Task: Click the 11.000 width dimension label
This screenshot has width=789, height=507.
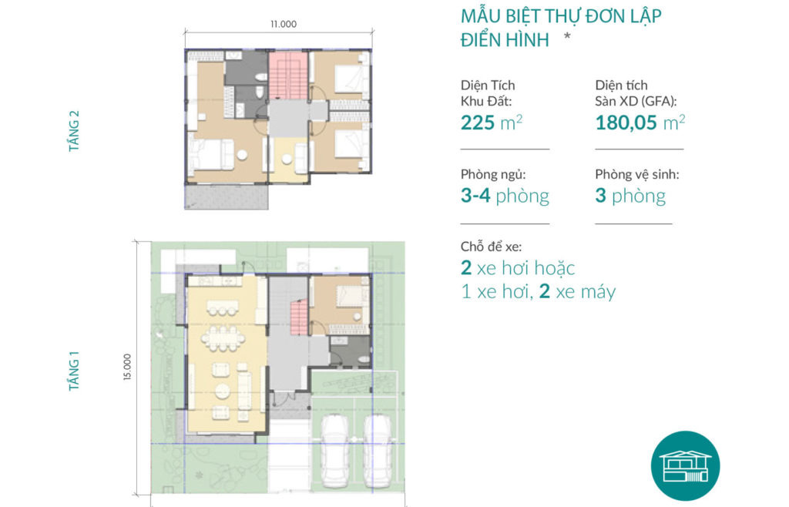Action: pos(284,24)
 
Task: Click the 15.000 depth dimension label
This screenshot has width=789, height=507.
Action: pos(127,367)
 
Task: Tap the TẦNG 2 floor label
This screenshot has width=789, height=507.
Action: pos(74,131)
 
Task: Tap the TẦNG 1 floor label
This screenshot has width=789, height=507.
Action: pos(74,371)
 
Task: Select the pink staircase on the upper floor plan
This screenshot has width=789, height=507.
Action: pos(288,75)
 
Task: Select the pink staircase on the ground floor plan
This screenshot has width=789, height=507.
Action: pos(300,317)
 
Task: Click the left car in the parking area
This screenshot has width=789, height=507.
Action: pos(334,451)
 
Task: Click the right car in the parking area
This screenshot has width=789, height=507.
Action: pos(378,451)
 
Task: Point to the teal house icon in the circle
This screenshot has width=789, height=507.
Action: pos(685,466)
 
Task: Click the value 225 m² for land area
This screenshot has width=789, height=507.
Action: pos(492,123)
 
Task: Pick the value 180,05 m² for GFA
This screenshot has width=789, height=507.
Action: pos(640,123)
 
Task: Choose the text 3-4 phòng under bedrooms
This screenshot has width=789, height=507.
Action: pos(505,196)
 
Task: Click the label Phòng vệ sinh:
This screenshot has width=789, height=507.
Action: pos(637,175)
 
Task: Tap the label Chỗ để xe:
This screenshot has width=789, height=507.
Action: pos(491,247)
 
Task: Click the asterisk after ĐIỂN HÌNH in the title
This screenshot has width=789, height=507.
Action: pos(567,36)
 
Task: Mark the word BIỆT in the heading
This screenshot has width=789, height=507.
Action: pos(519,17)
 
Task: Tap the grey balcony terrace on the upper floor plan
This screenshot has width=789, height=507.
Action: pos(227,196)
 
